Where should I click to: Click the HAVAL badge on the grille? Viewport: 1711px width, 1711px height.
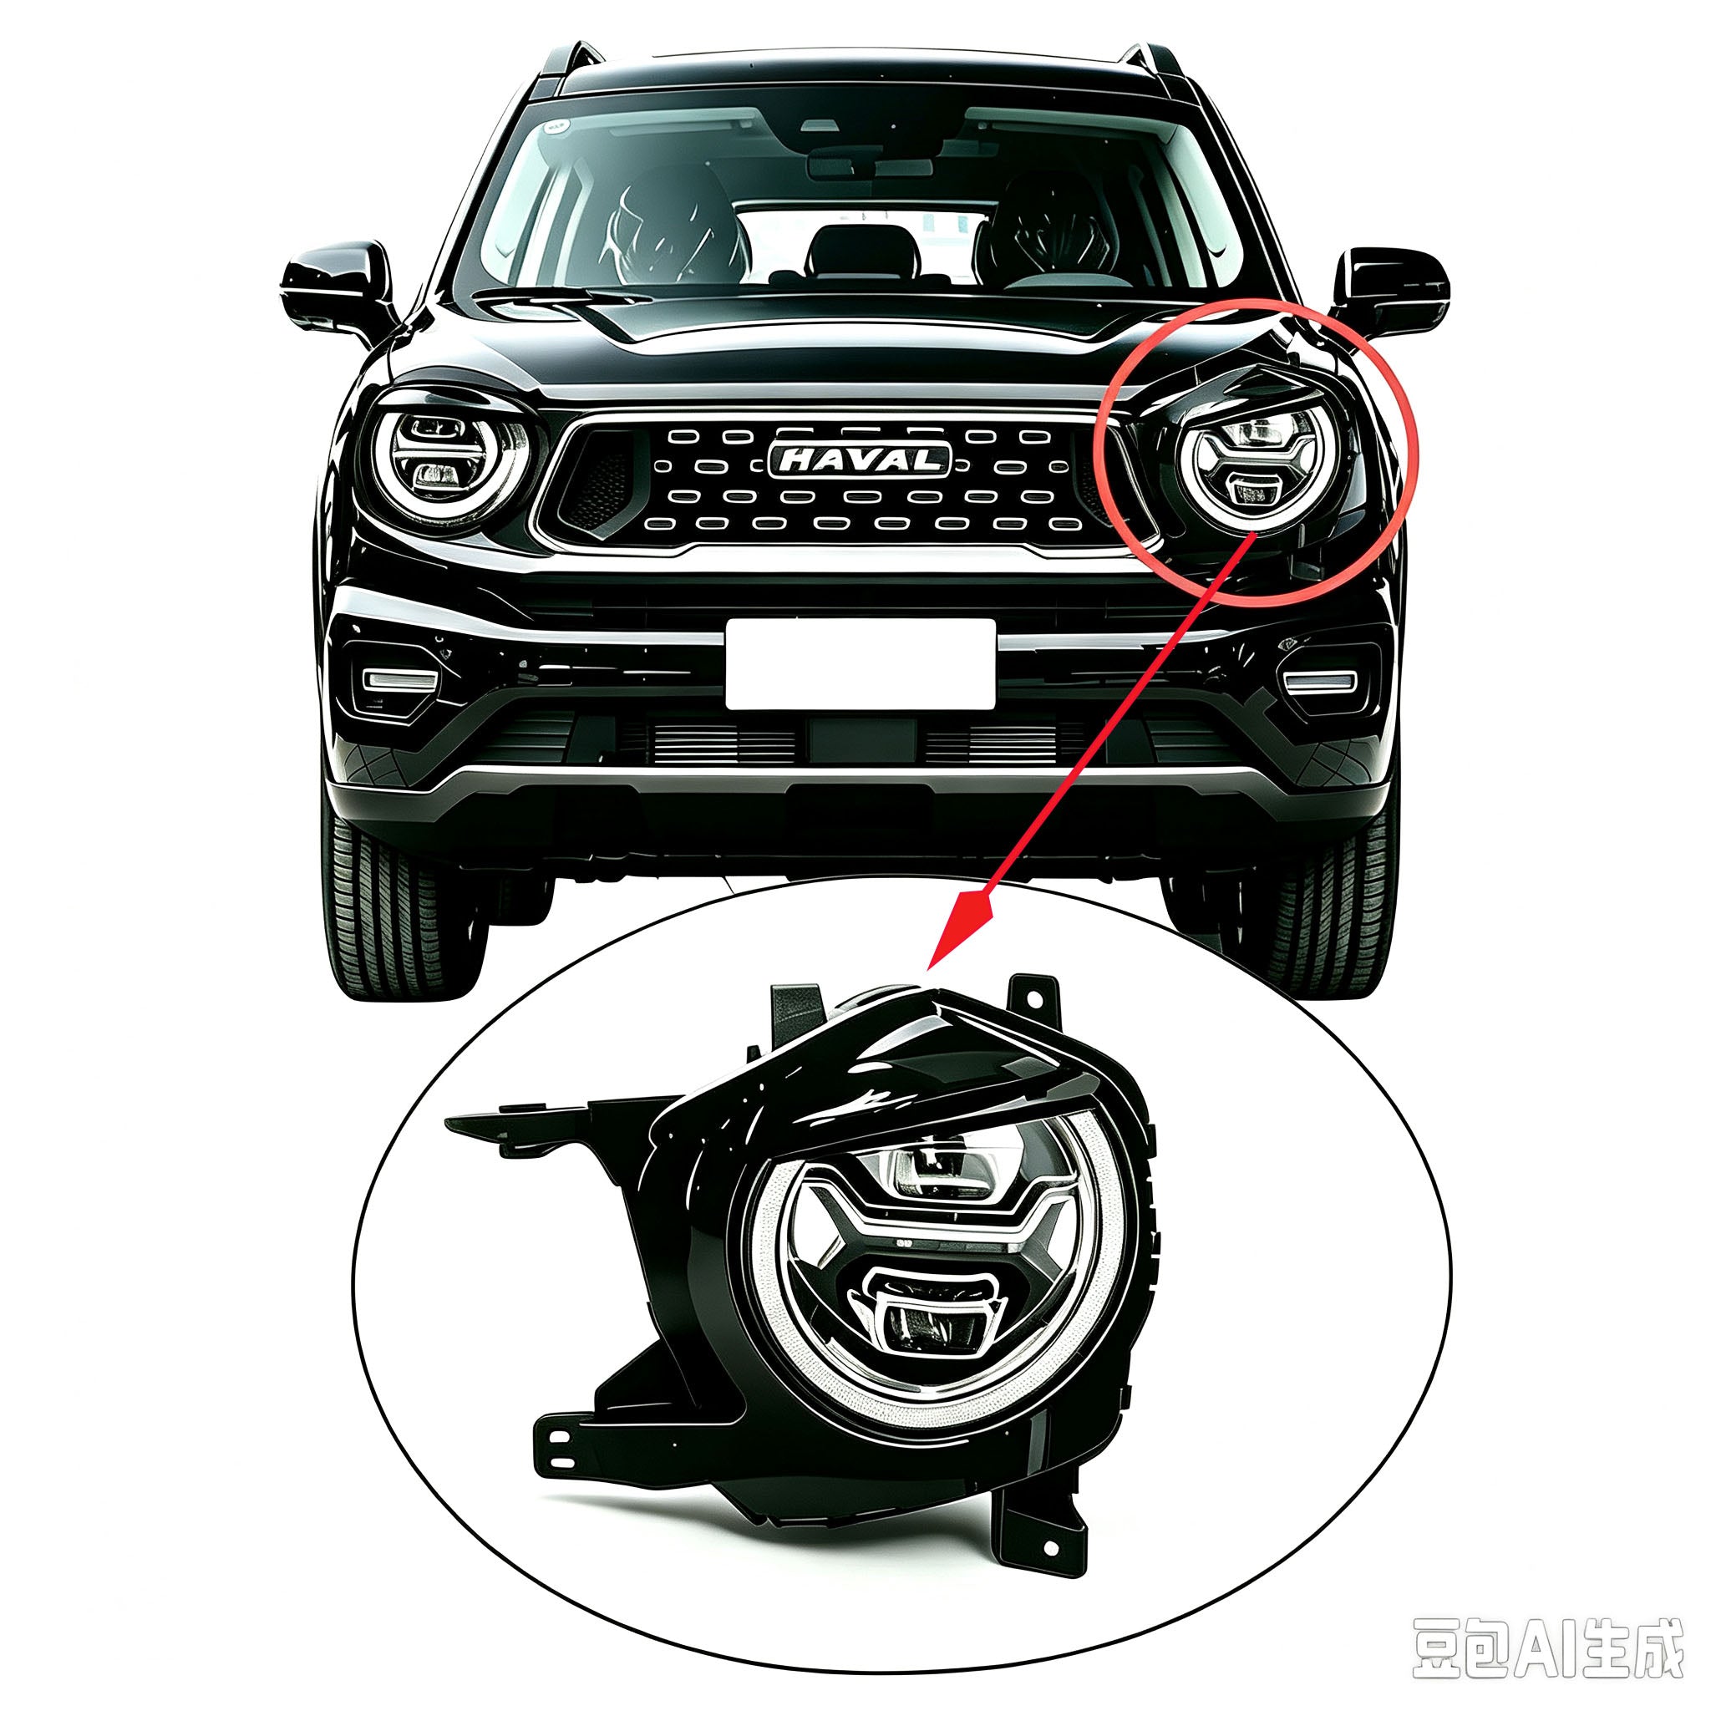point(859,459)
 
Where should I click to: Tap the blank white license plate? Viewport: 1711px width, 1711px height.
point(860,664)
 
